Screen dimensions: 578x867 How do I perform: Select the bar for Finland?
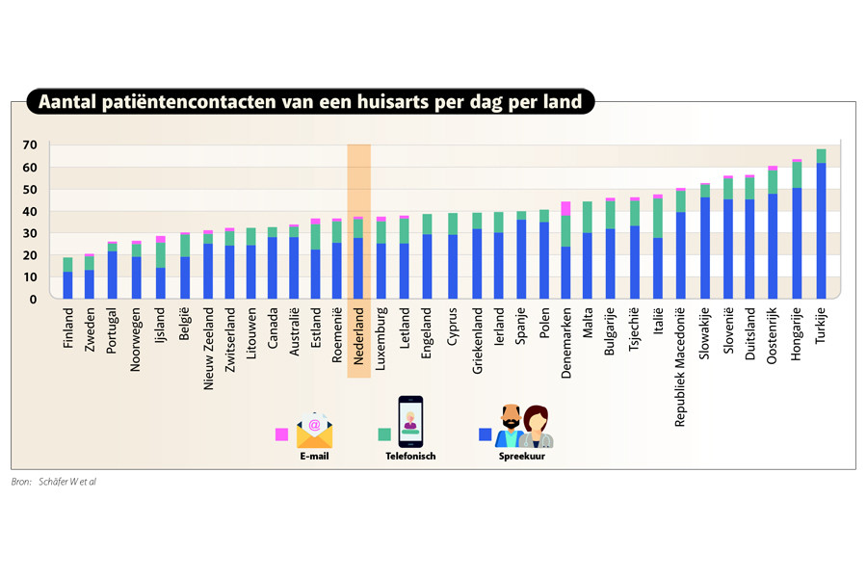pos(67,279)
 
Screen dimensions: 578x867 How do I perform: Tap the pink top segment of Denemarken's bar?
pos(566,208)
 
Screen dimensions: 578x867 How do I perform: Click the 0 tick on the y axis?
pos(33,300)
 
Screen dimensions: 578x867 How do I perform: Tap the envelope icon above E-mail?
pos(314,430)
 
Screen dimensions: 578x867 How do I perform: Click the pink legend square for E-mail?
pos(282,434)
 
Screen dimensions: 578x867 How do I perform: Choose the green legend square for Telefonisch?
pos(384,434)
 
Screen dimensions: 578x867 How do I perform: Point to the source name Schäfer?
pos(54,481)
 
